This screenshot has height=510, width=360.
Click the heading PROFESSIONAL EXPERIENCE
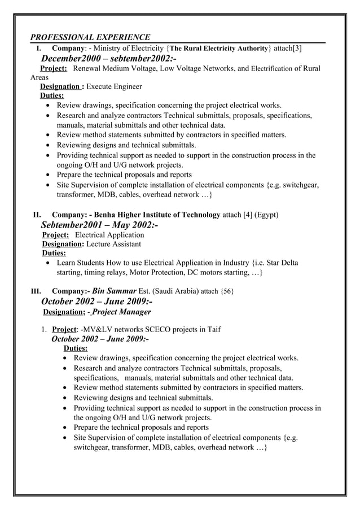point(90,37)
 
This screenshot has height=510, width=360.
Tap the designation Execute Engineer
point(115,86)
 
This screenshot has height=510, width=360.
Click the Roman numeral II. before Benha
point(37,215)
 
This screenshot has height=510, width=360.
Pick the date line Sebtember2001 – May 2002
point(99,225)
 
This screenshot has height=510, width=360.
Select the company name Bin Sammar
point(115,291)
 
